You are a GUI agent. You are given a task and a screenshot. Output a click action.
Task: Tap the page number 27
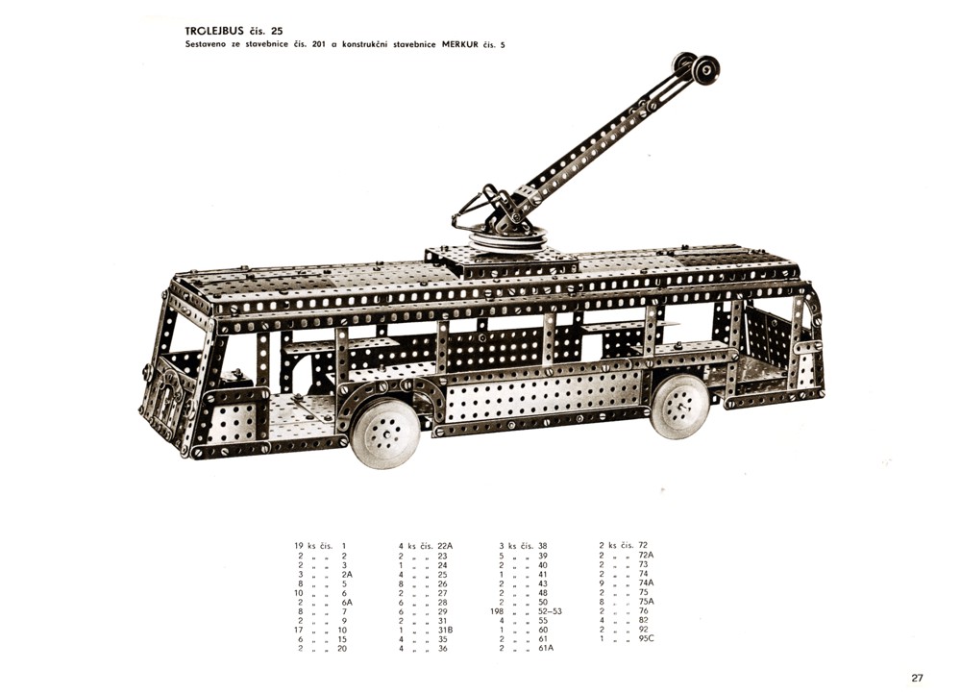coord(917,678)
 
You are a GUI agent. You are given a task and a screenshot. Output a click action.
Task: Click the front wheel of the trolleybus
coord(385,434)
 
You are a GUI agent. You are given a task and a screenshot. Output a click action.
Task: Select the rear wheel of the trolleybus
coord(679,405)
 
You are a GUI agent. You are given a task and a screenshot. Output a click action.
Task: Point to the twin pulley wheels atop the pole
coord(696,67)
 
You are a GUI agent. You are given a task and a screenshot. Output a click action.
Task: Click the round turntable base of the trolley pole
coord(507,239)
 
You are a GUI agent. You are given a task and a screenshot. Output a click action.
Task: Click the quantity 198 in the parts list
coord(497,611)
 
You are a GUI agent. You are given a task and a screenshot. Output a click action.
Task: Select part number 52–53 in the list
coord(550,611)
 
